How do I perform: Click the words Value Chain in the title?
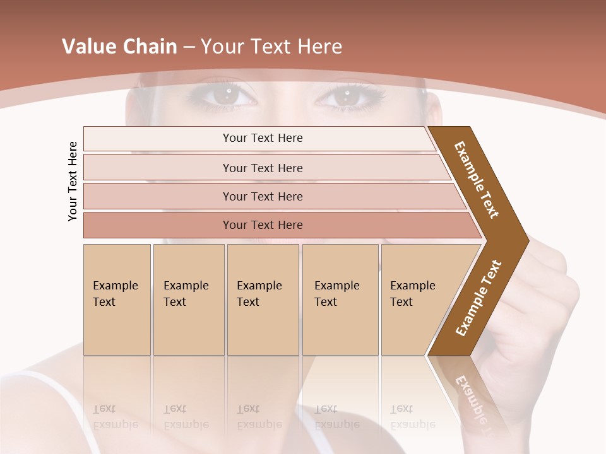tap(119, 47)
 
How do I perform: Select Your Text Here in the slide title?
tap(271, 47)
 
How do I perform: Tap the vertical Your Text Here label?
tap(73, 181)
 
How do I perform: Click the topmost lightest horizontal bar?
tap(262, 138)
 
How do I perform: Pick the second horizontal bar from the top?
tap(262, 168)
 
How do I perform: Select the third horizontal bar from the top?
tap(262, 196)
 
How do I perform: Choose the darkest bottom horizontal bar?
tap(262, 225)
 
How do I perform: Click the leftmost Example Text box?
tap(117, 300)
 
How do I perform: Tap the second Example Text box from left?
tap(188, 300)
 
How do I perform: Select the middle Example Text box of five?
tap(263, 300)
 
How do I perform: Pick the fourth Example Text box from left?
tap(340, 300)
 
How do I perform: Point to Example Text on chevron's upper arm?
tap(477, 180)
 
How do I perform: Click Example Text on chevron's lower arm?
tap(478, 298)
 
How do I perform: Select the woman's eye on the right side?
tap(347, 97)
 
